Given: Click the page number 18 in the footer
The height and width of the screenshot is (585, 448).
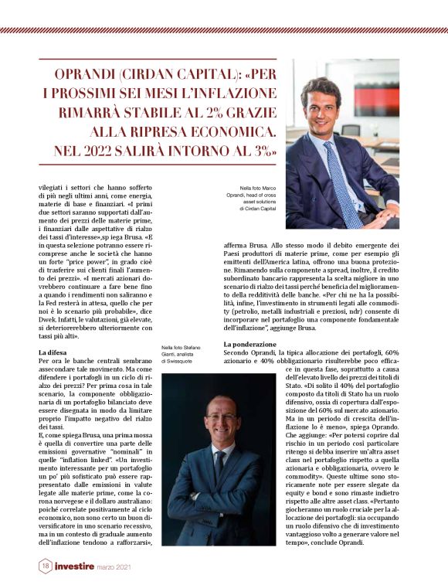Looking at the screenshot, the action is tap(46, 566).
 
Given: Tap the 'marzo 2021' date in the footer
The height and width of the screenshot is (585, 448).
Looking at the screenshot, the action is tap(131, 567).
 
